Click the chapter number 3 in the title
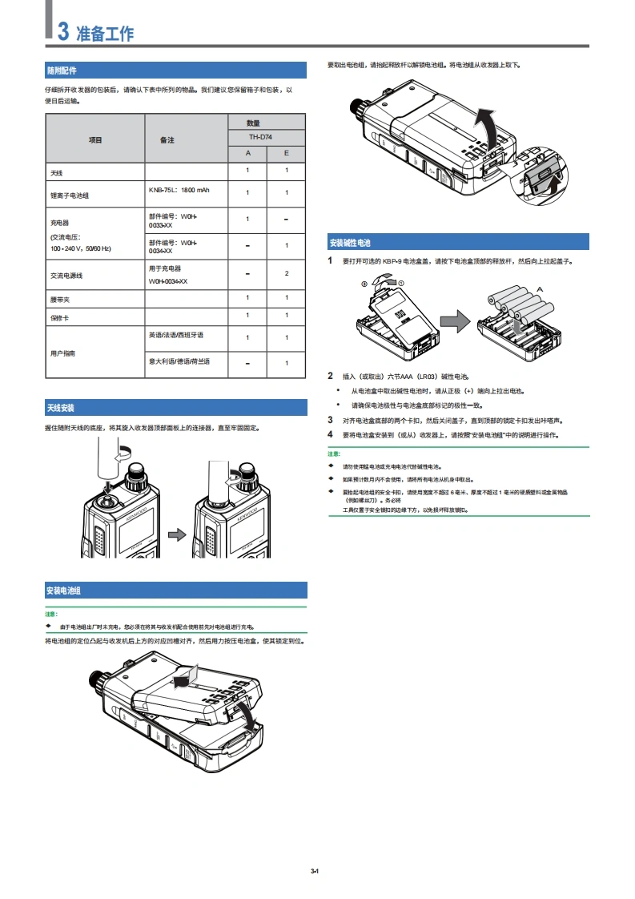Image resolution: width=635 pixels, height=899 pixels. pos(62,32)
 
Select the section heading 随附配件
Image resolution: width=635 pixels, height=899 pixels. pos(62,71)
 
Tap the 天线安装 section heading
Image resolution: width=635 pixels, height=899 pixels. pos(60,408)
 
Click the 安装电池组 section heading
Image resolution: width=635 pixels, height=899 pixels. pos(63,591)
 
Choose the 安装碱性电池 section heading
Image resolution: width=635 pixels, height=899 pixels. pos(350,243)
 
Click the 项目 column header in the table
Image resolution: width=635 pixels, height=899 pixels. pos(95,139)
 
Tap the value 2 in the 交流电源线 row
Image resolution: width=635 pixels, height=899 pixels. pos(286,274)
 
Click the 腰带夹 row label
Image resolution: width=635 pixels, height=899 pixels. pos(59,299)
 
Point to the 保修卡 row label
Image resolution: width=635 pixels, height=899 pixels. pos(59,316)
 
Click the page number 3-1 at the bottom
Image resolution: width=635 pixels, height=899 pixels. pos(315,871)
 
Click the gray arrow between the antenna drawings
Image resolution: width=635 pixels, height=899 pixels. pos(177,532)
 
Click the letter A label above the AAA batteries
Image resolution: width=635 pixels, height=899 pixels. pos(540,289)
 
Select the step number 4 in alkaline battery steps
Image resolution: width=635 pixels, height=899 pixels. pos(330,434)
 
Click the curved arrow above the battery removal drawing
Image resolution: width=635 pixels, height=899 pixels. pos(481,122)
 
